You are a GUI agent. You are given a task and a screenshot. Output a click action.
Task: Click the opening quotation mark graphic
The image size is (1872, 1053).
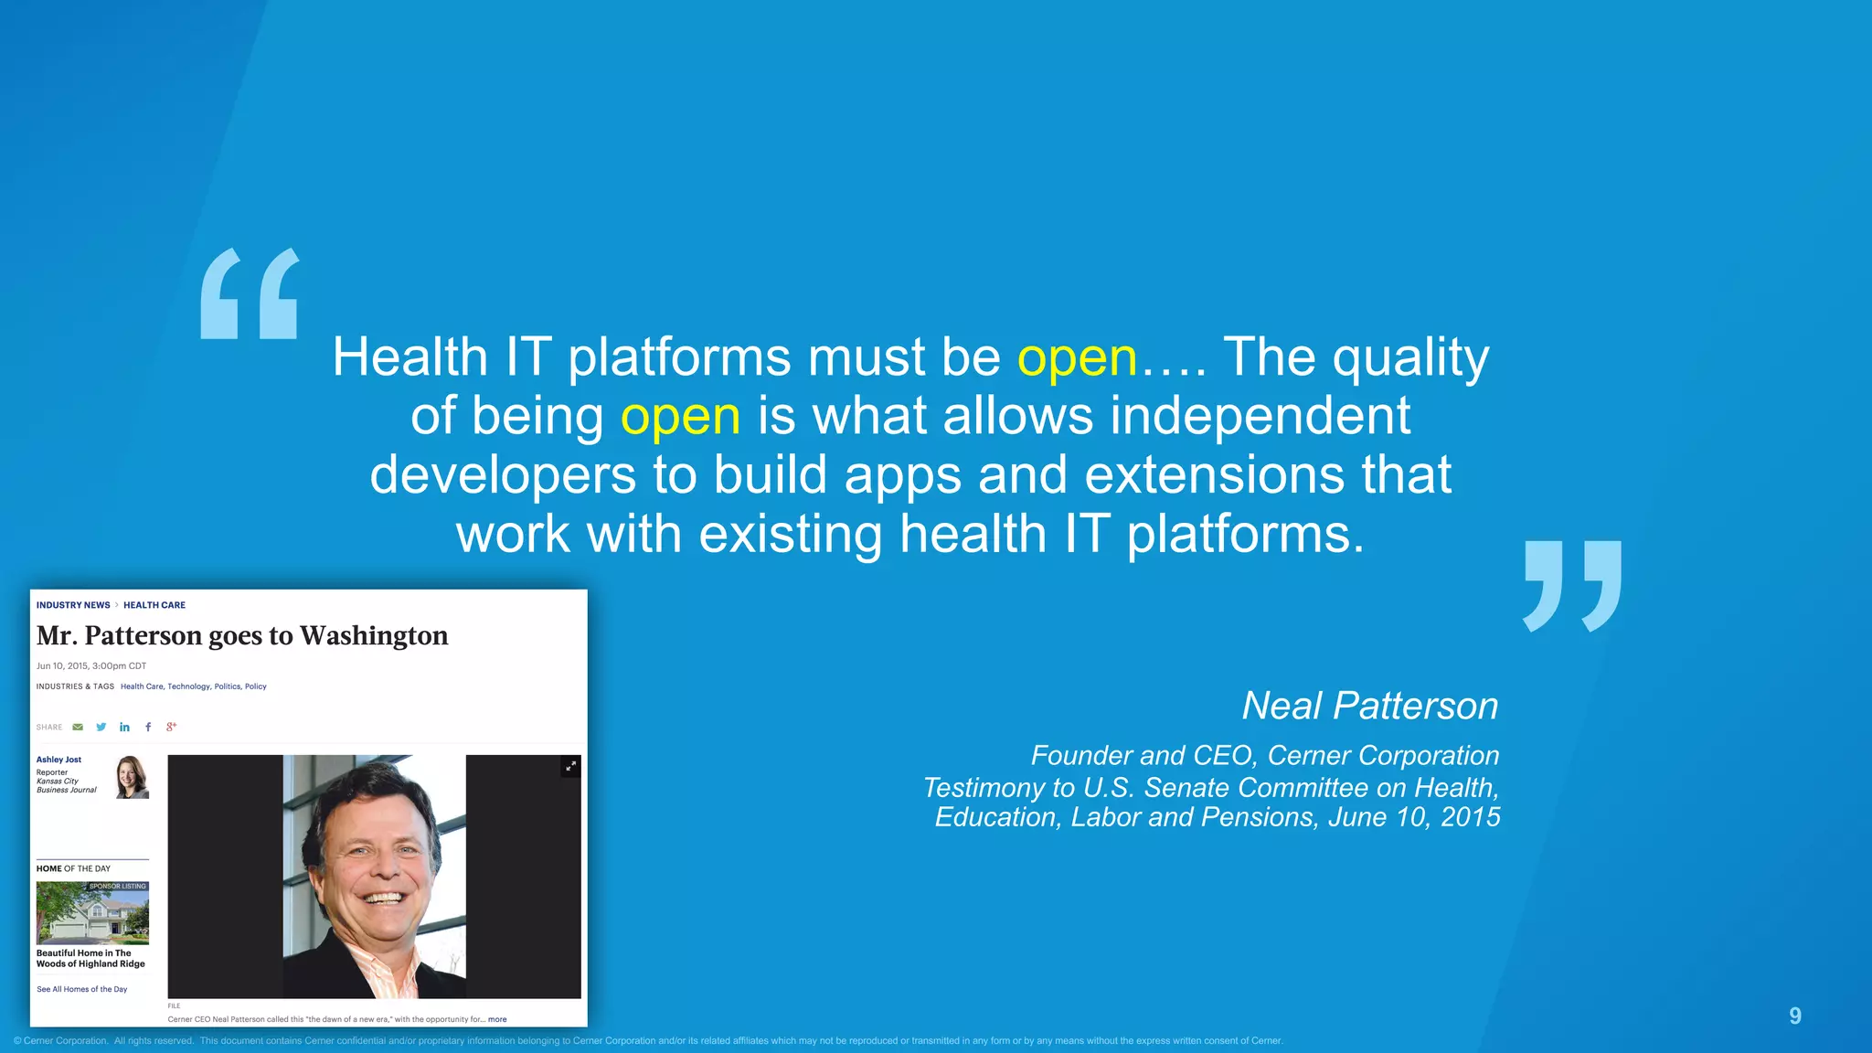click(x=250, y=293)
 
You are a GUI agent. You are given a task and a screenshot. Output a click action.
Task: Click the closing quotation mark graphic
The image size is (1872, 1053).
click(x=1572, y=586)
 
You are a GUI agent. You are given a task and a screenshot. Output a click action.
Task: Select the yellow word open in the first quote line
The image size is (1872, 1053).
click(x=1077, y=357)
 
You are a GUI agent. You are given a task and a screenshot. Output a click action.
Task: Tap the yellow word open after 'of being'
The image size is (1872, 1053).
click(x=680, y=417)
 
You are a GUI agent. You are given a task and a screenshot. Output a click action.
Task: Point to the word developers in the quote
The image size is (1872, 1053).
click(x=503, y=475)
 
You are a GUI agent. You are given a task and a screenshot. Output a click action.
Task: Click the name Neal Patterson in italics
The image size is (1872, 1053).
click(x=1369, y=706)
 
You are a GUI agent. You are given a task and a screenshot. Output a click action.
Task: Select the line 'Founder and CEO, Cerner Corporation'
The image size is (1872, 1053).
click(x=1265, y=755)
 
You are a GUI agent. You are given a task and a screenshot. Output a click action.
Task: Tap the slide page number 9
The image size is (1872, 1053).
click(x=1794, y=1016)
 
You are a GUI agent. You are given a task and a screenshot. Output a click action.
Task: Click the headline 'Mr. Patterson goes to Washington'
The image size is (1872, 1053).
click(x=242, y=635)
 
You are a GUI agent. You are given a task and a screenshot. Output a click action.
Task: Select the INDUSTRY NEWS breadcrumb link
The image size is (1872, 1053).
click(x=73, y=605)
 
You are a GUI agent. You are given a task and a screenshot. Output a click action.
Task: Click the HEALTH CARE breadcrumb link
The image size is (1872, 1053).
click(x=154, y=605)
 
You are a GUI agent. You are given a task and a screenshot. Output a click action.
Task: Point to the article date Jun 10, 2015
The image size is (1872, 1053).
click(x=91, y=665)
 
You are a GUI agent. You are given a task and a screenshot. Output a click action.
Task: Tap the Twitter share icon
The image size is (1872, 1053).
click(x=101, y=727)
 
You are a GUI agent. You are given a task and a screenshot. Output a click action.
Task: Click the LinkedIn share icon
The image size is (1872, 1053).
click(x=124, y=727)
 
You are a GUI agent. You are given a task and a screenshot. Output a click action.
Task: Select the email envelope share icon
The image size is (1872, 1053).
click(x=78, y=727)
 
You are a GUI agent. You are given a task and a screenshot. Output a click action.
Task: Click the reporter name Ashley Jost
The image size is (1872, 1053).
click(x=58, y=760)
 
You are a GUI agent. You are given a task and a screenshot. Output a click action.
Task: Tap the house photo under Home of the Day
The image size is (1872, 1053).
click(x=92, y=913)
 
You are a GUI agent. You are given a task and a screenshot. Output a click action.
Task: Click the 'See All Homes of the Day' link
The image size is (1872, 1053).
click(x=81, y=989)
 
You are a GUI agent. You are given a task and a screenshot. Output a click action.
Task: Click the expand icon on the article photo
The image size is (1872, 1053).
click(x=570, y=766)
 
